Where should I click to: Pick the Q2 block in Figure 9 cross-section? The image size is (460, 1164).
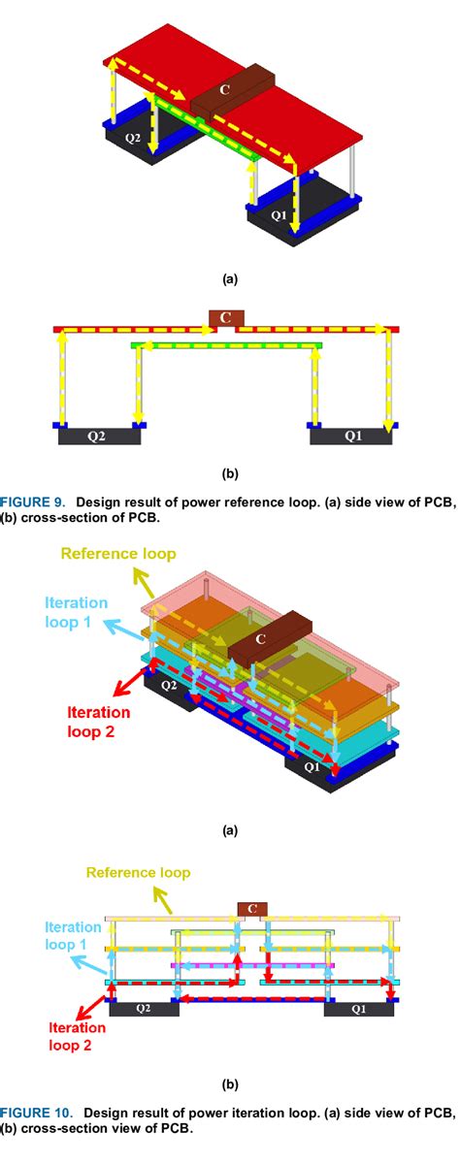[99, 436]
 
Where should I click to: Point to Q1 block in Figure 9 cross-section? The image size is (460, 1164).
[351, 436]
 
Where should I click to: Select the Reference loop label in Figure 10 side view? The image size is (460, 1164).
[118, 554]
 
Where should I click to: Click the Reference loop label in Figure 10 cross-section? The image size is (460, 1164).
[138, 873]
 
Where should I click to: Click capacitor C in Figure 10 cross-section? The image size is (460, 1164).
[252, 909]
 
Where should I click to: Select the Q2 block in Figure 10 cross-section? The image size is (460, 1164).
[143, 1009]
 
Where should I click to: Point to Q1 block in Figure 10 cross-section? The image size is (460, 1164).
[358, 1009]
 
